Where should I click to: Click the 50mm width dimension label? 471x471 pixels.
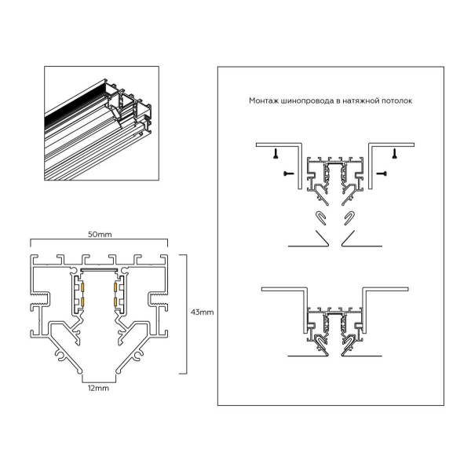click(x=99, y=234)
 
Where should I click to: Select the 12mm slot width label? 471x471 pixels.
click(x=98, y=387)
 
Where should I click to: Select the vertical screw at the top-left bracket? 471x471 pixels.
click(x=276, y=156)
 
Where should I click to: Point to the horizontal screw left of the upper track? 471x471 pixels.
click(x=287, y=170)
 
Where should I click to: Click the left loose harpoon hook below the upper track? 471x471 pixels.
click(x=320, y=217)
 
